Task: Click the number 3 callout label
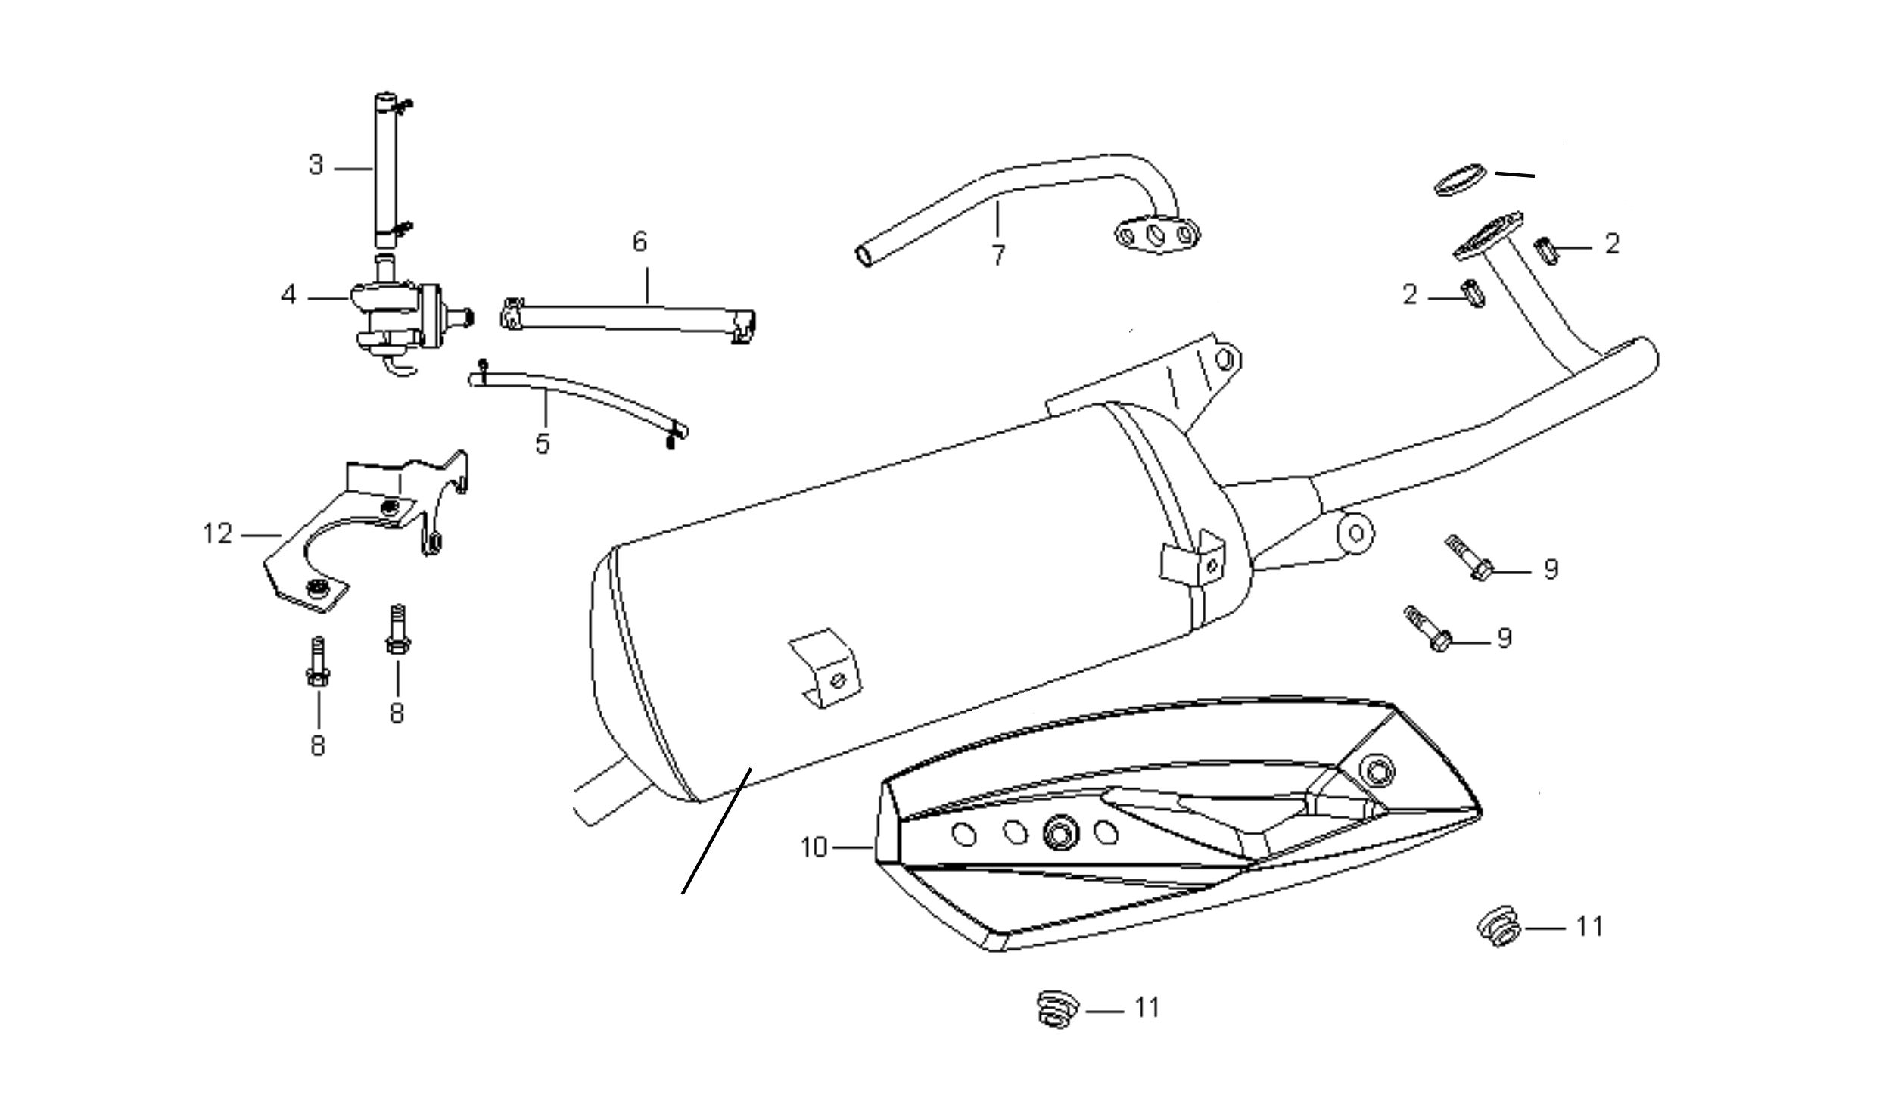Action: [316, 165]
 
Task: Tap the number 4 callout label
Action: [288, 295]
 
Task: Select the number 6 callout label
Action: [640, 242]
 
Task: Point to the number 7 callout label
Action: [999, 256]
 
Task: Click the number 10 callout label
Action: [814, 848]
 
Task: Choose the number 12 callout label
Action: [217, 534]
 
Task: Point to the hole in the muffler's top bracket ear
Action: [1224, 359]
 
